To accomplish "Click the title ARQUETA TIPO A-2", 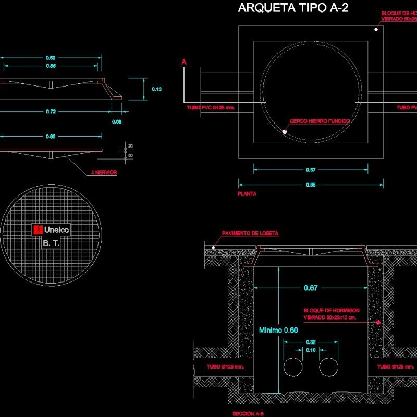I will (293, 8).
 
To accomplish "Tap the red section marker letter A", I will (183, 62).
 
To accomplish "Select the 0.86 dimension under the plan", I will (311, 185).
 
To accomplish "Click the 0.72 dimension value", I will (51, 112).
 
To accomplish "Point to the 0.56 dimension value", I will (51, 66).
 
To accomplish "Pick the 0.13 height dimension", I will (156, 89).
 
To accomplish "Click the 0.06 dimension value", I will (117, 122).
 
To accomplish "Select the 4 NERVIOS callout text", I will (102, 172).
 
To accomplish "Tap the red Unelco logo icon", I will (38, 229).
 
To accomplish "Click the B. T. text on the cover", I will (51, 243).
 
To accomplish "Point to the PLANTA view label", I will (247, 193).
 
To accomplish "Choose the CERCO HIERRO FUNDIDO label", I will (320, 121).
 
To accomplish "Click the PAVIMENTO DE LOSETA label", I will (250, 234).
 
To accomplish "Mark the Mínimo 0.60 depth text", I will (278, 330).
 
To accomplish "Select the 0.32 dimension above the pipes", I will (310, 342).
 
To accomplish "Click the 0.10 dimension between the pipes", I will (310, 351).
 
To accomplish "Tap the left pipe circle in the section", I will (292, 367).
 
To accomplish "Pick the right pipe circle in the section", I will (328, 367).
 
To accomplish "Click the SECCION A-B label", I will (248, 413).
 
